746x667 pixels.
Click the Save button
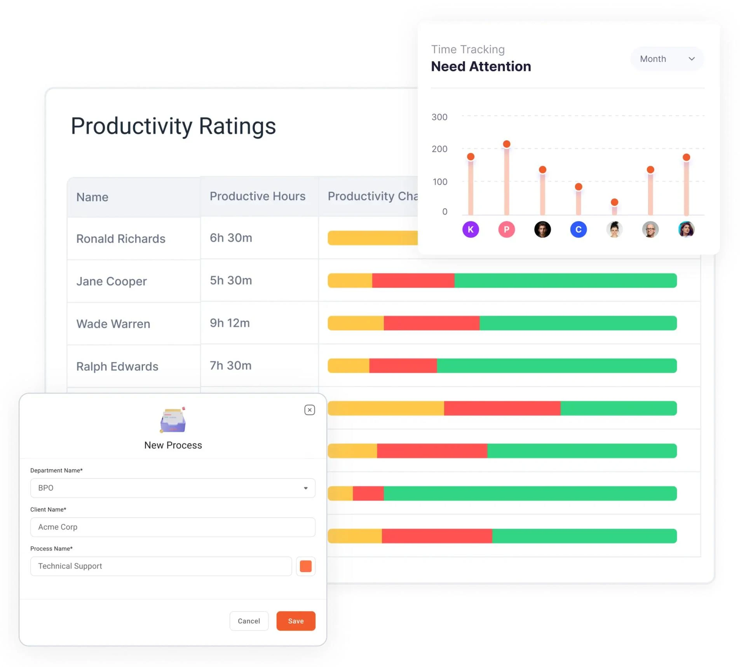[x=296, y=621]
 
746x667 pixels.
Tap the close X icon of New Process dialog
[x=309, y=410]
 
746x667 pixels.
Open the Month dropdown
[x=667, y=59]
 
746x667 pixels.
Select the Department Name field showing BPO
[x=173, y=488]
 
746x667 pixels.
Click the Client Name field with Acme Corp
[x=173, y=527]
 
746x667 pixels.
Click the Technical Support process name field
[x=161, y=566]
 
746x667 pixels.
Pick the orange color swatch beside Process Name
[x=305, y=566]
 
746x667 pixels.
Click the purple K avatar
[x=471, y=229]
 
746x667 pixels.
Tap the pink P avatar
[x=506, y=229]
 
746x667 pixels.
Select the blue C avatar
[x=578, y=229]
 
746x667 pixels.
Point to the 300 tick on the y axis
[x=439, y=117]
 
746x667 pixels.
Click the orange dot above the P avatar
[x=506, y=144]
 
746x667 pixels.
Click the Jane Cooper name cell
[x=112, y=281]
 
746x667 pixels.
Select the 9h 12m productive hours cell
[x=230, y=323]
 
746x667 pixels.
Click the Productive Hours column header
[x=258, y=196]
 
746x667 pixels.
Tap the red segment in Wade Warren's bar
[x=431, y=323]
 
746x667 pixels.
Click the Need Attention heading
[x=481, y=66]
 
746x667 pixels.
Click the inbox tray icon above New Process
[x=173, y=420]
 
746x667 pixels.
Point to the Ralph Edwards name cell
[x=117, y=366]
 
